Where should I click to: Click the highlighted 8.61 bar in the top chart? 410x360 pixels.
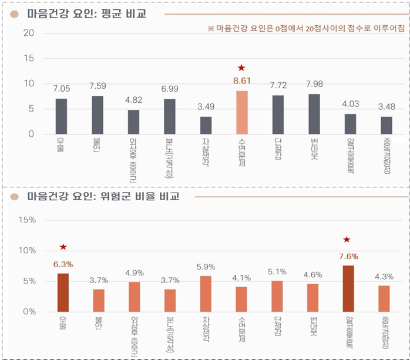(x=242, y=112)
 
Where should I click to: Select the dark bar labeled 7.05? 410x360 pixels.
(x=61, y=116)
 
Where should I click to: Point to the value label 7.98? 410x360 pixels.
(x=314, y=83)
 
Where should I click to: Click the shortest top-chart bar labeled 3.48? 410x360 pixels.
(x=386, y=125)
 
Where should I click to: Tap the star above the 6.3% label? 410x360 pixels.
(x=63, y=247)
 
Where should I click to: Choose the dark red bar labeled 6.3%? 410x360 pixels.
(x=63, y=292)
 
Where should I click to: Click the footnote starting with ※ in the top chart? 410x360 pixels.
(x=302, y=29)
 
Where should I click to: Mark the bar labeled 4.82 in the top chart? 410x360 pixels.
(x=133, y=122)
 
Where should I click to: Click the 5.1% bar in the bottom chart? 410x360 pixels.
(x=278, y=296)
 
